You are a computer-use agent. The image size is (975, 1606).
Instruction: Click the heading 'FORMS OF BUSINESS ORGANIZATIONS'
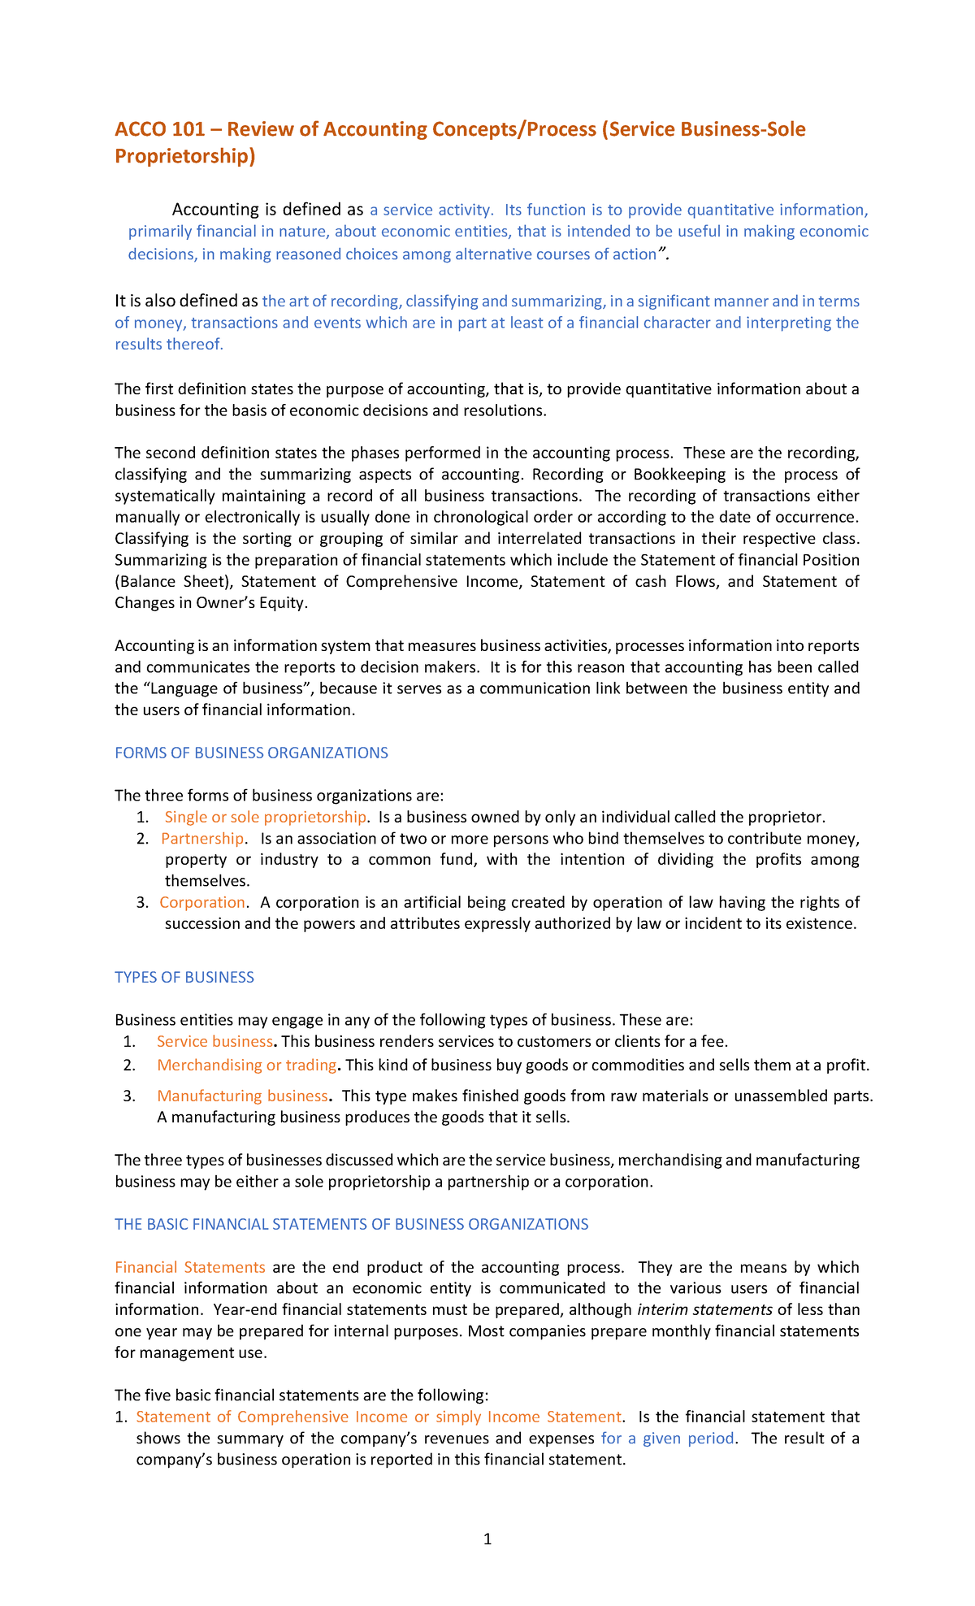[251, 753]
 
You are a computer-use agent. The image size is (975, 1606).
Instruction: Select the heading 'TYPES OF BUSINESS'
[184, 977]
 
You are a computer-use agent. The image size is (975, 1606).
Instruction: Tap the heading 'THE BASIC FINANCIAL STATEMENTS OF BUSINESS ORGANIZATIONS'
[351, 1224]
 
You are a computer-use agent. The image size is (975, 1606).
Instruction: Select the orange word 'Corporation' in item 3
[202, 902]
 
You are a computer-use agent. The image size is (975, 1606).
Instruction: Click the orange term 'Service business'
[214, 1041]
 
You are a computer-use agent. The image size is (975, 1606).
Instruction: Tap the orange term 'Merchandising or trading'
[246, 1065]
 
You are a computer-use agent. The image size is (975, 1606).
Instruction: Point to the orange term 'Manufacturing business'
[242, 1096]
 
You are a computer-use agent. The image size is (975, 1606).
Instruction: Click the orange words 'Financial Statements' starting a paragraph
[190, 1267]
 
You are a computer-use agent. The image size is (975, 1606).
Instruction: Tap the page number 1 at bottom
[487, 1539]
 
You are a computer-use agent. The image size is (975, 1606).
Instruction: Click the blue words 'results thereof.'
[168, 344]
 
